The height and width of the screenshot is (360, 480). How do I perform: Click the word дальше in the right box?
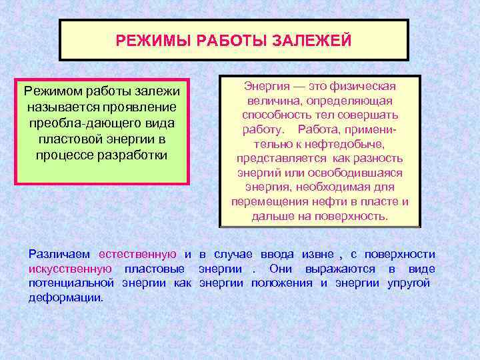[271, 216]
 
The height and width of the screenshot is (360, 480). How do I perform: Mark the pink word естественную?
[137, 254]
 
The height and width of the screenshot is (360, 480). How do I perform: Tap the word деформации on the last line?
[66, 297]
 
